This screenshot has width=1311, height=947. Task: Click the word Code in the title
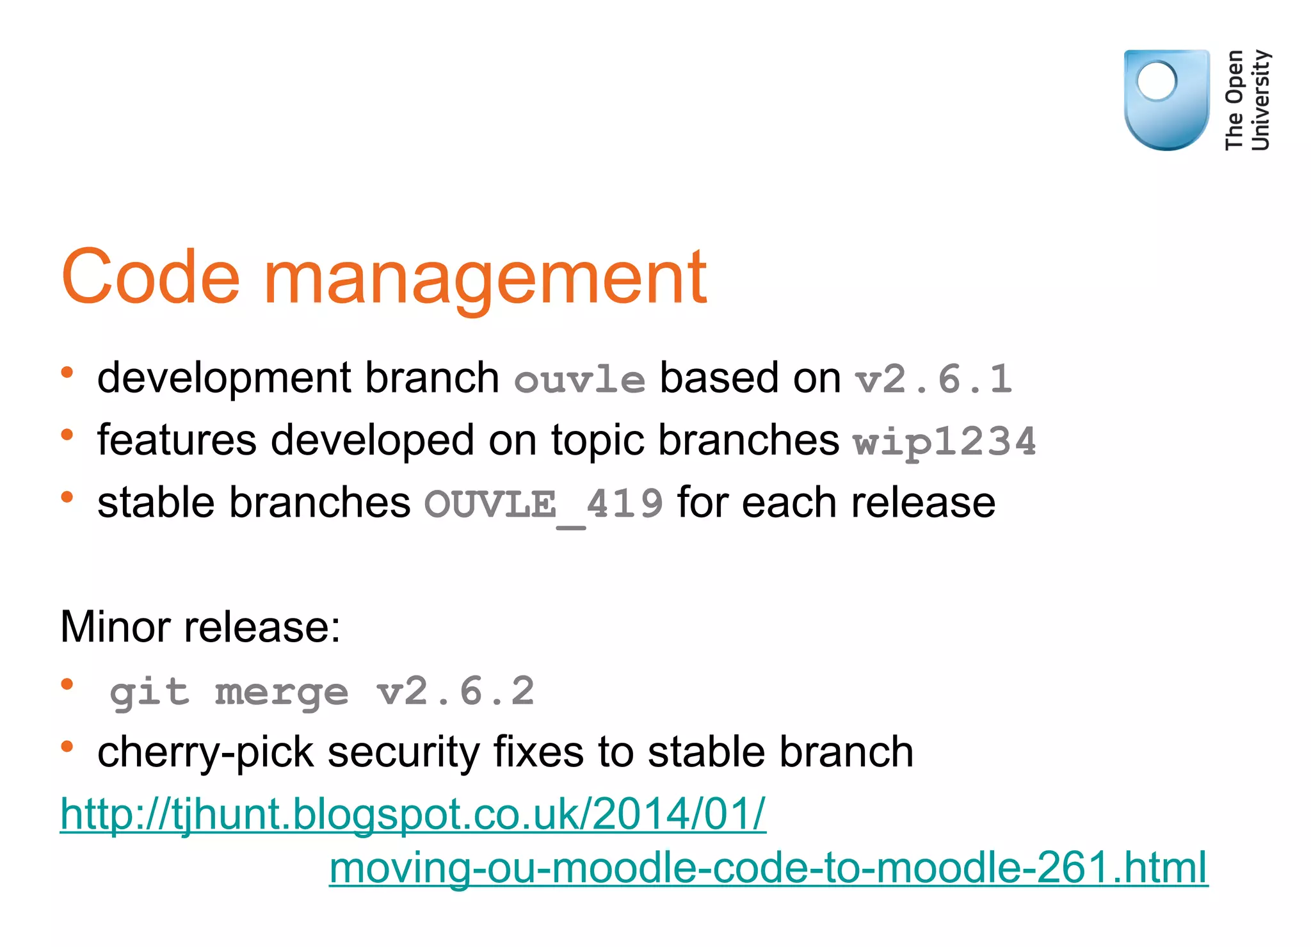[151, 277]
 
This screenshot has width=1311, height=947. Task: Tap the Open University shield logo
[1166, 99]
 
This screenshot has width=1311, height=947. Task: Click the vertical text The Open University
[1247, 100]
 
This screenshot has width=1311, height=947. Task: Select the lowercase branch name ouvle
[579, 380]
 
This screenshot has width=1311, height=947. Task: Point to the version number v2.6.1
[934, 379]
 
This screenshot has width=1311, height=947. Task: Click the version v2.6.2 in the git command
[456, 692]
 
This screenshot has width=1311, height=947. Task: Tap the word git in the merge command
[150, 693]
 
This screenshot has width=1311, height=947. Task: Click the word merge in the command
[282, 693]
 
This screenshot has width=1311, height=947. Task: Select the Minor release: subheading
[200, 627]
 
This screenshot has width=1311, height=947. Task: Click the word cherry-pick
[205, 752]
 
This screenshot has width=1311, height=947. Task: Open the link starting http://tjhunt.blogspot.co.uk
[413, 814]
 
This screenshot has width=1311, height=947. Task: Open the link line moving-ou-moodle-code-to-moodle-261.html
[768, 868]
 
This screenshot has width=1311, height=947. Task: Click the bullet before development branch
[67, 373]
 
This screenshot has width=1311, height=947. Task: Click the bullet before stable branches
[67, 498]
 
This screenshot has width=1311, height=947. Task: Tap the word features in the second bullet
[177, 441]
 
